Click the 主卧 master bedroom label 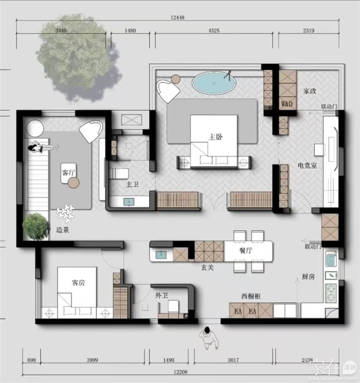[215, 137]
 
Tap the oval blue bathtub [214, 83]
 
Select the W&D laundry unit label [287, 104]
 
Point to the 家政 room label [310, 91]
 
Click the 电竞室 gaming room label [307, 166]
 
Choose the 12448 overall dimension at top [177, 17]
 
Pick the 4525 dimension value [214, 31]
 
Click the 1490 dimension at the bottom [169, 360]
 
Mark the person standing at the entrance [209, 338]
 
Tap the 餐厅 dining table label [246, 250]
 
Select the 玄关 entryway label [207, 268]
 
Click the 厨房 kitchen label [308, 277]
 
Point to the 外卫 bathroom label [161, 296]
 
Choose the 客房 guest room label [78, 283]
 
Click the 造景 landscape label [62, 230]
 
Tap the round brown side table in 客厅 [74, 183]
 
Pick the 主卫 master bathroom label [132, 184]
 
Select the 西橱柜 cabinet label [251, 296]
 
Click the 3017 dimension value [233, 360]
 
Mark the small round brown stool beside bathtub [176, 79]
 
